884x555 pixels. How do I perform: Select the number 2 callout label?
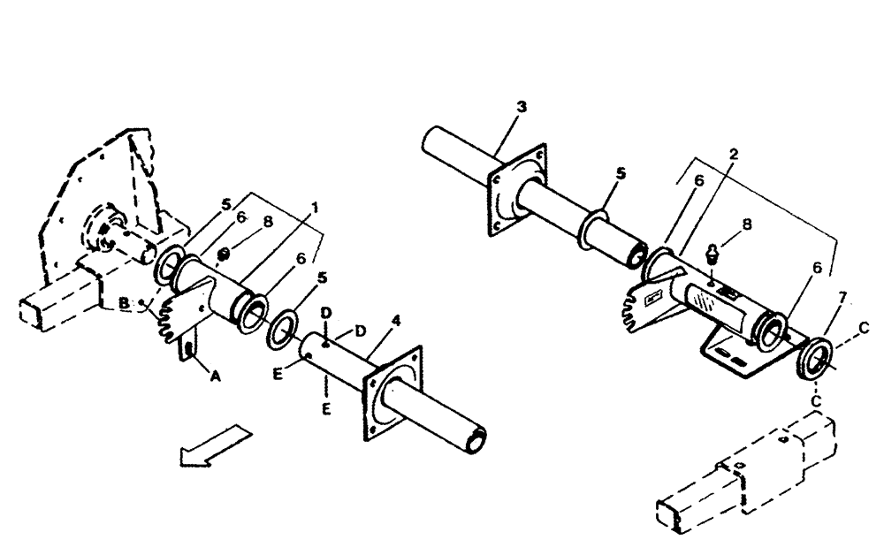point(734,154)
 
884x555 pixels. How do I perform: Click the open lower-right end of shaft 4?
point(476,437)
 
